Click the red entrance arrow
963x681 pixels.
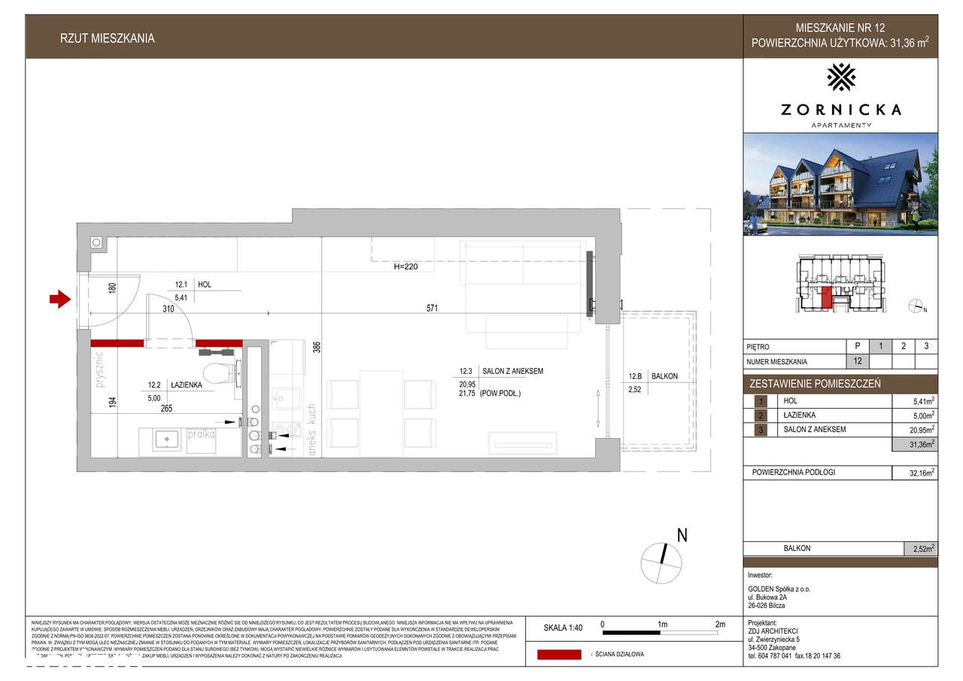(x=59, y=300)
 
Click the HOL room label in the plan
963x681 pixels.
(x=205, y=285)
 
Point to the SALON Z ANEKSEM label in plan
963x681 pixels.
(x=512, y=371)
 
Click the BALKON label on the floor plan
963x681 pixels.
(x=665, y=376)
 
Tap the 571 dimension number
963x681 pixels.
(x=432, y=308)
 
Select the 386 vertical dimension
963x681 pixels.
(x=317, y=347)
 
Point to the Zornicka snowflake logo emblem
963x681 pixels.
(x=840, y=77)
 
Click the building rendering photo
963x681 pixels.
(x=840, y=184)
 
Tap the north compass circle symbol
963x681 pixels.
(x=661, y=561)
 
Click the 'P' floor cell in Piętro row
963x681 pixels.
(x=857, y=347)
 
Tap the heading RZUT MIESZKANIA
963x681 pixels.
(x=107, y=38)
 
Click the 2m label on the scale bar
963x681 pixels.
(x=720, y=625)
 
